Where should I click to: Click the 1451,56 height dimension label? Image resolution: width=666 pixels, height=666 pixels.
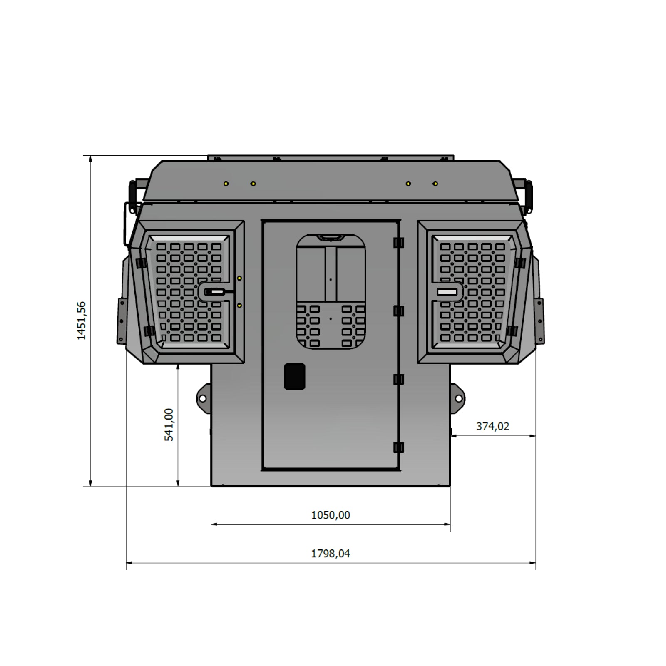(x=81, y=321)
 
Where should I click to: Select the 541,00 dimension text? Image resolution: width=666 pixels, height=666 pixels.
(x=169, y=425)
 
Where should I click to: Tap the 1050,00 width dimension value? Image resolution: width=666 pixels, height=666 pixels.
(x=331, y=515)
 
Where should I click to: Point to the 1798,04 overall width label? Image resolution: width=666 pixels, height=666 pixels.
(x=331, y=553)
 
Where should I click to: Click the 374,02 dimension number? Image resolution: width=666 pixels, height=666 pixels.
(x=493, y=426)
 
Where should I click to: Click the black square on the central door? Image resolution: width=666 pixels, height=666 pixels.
(x=295, y=376)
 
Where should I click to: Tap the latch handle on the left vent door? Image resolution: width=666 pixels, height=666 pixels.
(x=215, y=292)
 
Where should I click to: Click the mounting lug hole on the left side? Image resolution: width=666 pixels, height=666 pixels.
(x=203, y=399)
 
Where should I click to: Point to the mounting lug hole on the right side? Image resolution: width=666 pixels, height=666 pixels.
(x=459, y=399)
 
